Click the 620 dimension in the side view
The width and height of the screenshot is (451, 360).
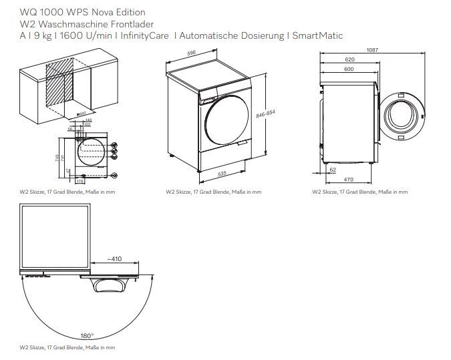(x=349, y=60)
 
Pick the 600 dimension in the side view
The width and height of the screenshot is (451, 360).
(x=348, y=69)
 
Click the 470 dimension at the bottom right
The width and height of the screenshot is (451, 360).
(x=348, y=180)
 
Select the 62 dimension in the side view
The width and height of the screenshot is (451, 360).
(x=333, y=170)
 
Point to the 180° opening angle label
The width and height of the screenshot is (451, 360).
(x=88, y=336)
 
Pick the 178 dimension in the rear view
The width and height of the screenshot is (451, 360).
(x=80, y=181)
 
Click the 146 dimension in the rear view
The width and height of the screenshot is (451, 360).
(x=88, y=120)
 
